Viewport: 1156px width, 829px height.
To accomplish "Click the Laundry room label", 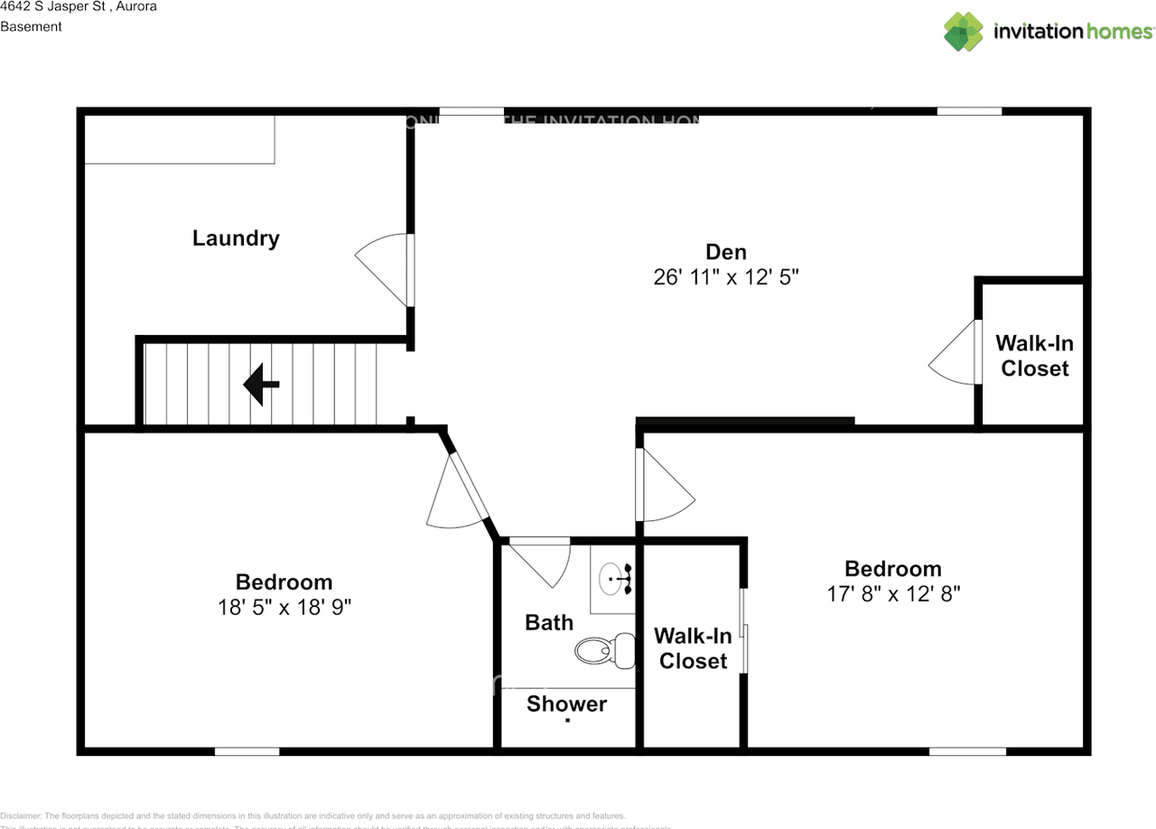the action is pyautogui.click(x=236, y=238).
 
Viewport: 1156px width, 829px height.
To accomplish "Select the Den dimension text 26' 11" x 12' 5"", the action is pyautogui.click(x=726, y=277).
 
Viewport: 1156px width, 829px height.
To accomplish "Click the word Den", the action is pyautogui.click(x=726, y=252).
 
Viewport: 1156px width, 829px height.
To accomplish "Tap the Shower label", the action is pyautogui.click(x=566, y=704).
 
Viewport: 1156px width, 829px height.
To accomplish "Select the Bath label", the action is pyautogui.click(x=549, y=622).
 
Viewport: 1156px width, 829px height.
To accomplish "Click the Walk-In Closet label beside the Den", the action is pyautogui.click(x=1034, y=356).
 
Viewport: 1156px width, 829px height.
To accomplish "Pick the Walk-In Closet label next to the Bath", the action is pyautogui.click(x=693, y=648).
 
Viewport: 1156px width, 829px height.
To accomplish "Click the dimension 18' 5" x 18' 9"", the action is pyautogui.click(x=284, y=608).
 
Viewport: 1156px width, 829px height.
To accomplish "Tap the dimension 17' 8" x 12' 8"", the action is pyautogui.click(x=892, y=594).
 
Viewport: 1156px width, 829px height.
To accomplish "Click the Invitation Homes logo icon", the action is pyautogui.click(x=964, y=32).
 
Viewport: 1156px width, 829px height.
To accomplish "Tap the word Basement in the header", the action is pyautogui.click(x=31, y=26).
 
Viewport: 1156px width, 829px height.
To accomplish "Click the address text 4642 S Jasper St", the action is pyautogui.click(x=52, y=6).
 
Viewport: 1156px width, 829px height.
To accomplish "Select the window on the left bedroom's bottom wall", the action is pyautogui.click(x=247, y=751).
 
